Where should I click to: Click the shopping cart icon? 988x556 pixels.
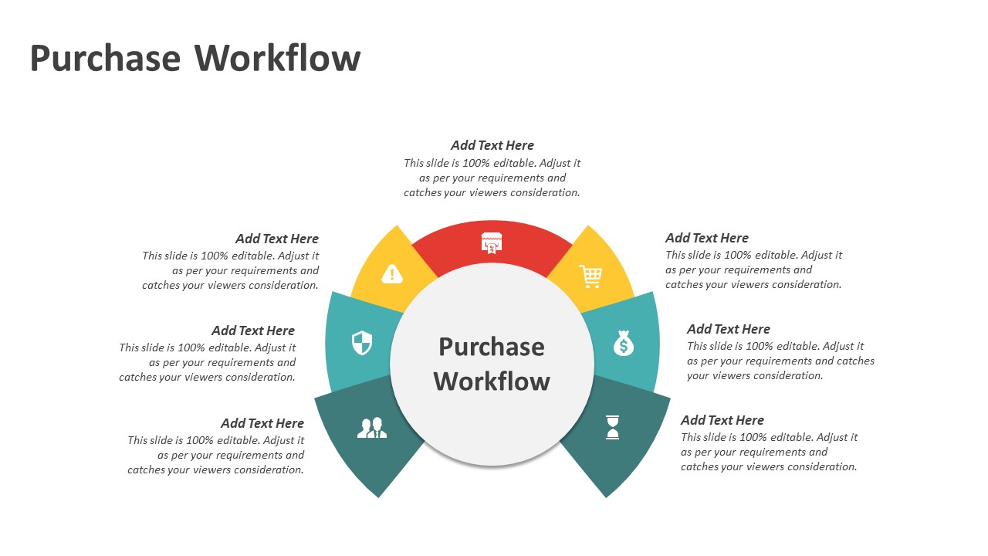pyautogui.click(x=590, y=276)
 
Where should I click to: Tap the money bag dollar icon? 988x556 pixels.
pyautogui.click(x=624, y=344)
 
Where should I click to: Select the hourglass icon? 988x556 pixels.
pyautogui.click(x=612, y=427)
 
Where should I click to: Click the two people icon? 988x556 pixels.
pyautogui.click(x=372, y=428)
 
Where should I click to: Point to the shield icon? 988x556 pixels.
pyautogui.click(x=362, y=343)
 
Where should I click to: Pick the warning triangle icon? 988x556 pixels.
pyautogui.click(x=392, y=274)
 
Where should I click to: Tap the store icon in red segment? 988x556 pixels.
pyautogui.click(x=492, y=242)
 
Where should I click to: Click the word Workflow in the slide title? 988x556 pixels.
pyautogui.click(x=277, y=59)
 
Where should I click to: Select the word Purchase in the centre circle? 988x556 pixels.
pyautogui.click(x=492, y=347)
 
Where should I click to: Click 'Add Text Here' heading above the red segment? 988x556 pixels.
pyautogui.click(x=492, y=145)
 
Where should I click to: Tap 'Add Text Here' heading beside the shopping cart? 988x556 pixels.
pyautogui.click(x=707, y=238)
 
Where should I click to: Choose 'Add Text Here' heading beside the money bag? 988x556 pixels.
pyautogui.click(x=729, y=329)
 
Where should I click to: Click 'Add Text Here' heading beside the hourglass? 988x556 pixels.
pyautogui.click(x=722, y=420)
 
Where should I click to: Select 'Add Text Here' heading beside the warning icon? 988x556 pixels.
pyautogui.click(x=277, y=239)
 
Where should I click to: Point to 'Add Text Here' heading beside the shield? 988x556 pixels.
pyautogui.click(x=253, y=331)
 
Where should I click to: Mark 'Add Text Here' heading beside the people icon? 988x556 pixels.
pyautogui.click(x=262, y=423)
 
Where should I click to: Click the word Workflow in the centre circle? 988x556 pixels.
pyautogui.click(x=492, y=381)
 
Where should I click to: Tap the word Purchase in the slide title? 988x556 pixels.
pyautogui.click(x=105, y=59)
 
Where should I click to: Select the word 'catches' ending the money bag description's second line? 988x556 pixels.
pyautogui.click(x=855, y=361)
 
